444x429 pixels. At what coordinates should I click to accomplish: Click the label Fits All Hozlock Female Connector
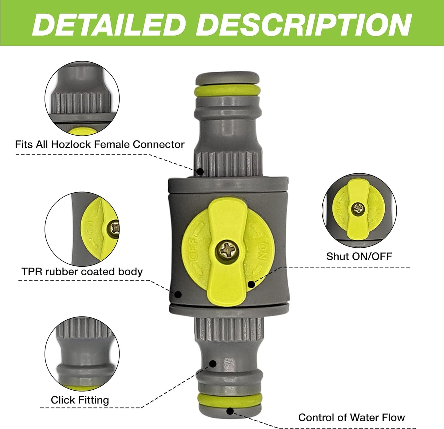pos(100,144)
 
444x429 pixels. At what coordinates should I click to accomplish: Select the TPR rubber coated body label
pos(82,272)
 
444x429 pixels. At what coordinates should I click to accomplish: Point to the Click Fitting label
pos(80,400)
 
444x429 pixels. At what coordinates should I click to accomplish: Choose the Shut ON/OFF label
pos(359,256)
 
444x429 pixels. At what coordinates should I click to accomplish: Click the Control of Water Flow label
pos(351,417)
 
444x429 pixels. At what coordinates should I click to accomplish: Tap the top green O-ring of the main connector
pos(228,90)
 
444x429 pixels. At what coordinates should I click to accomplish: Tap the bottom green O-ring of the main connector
pos(230,399)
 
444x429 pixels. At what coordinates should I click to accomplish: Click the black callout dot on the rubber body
pos(178,294)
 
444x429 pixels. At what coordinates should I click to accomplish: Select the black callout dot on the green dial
pos(251,284)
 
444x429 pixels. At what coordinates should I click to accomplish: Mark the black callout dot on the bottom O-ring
pos(230,411)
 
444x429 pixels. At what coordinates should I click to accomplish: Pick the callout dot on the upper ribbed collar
pos(200,171)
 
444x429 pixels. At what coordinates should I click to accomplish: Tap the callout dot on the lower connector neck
pos(213,364)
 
